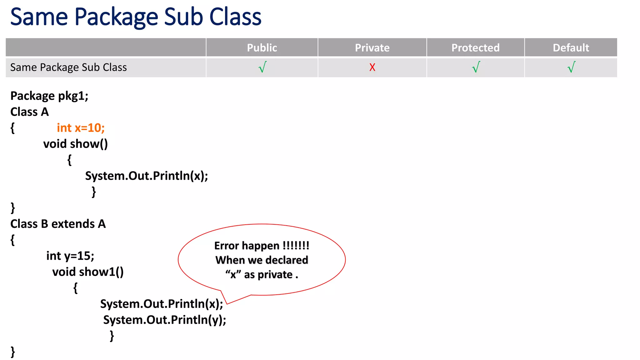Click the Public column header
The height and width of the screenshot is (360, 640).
coord(262,48)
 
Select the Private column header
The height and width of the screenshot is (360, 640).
coord(372,48)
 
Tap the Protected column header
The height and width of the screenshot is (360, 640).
coord(475,48)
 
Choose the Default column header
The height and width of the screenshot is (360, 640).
coord(571,48)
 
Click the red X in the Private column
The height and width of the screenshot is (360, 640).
coord(372,67)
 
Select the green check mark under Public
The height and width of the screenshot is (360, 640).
coord(262,67)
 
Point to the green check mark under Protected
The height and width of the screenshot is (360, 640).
coord(476,67)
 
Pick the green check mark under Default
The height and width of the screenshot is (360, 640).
coord(571,67)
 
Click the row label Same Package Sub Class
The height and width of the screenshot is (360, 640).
coord(68,67)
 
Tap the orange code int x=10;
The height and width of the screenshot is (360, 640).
coord(81,128)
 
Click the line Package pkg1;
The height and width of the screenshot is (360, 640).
coord(49,96)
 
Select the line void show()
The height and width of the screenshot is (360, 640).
coord(75,144)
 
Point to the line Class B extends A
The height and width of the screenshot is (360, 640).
coord(58,224)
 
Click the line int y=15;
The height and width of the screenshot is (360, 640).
coord(70,256)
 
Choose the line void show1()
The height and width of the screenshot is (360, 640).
coord(88,272)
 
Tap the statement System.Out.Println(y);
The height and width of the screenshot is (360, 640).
coord(165,320)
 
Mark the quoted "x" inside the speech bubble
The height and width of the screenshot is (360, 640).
coord(233,275)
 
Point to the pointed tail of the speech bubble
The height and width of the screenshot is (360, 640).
coord(227,303)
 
